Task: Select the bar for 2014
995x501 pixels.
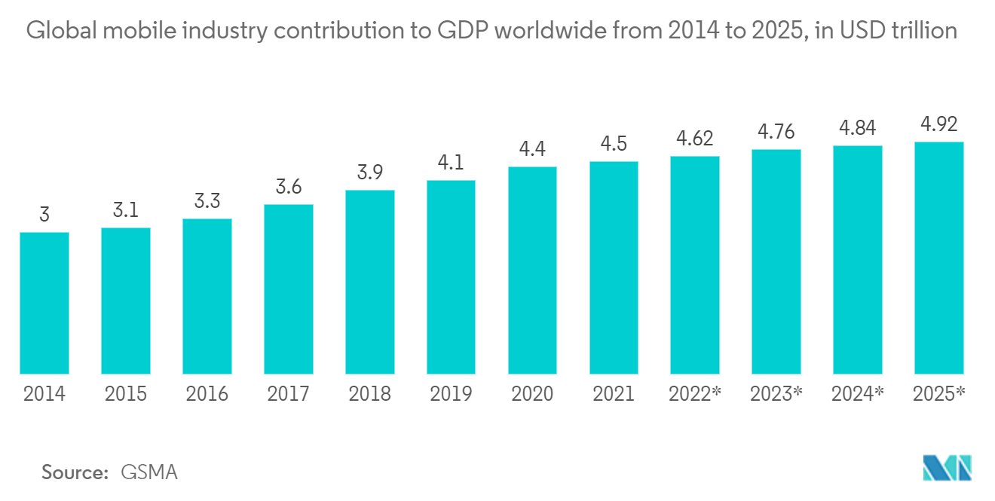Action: pos(44,303)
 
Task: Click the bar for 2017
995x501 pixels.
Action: pos(289,289)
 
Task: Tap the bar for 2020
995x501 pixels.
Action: pos(532,270)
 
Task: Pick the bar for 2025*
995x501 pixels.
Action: pos(938,258)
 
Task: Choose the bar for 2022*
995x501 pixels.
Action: pos(695,264)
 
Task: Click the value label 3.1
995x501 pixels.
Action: pos(126,210)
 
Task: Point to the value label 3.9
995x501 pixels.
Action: pos(369,173)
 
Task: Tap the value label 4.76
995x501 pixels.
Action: pos(776,132)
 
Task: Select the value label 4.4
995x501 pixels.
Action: pos(532,149)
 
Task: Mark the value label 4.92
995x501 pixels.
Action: pos(938,124)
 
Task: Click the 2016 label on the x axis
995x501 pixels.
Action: pos(207,394)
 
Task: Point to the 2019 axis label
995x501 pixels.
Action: pos(451,394)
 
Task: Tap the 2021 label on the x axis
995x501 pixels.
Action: pos(614,394)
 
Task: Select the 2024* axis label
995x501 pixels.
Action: pos(857,394)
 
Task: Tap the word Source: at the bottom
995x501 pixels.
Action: pos(75,472)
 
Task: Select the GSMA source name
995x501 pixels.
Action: pos(149,472)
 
